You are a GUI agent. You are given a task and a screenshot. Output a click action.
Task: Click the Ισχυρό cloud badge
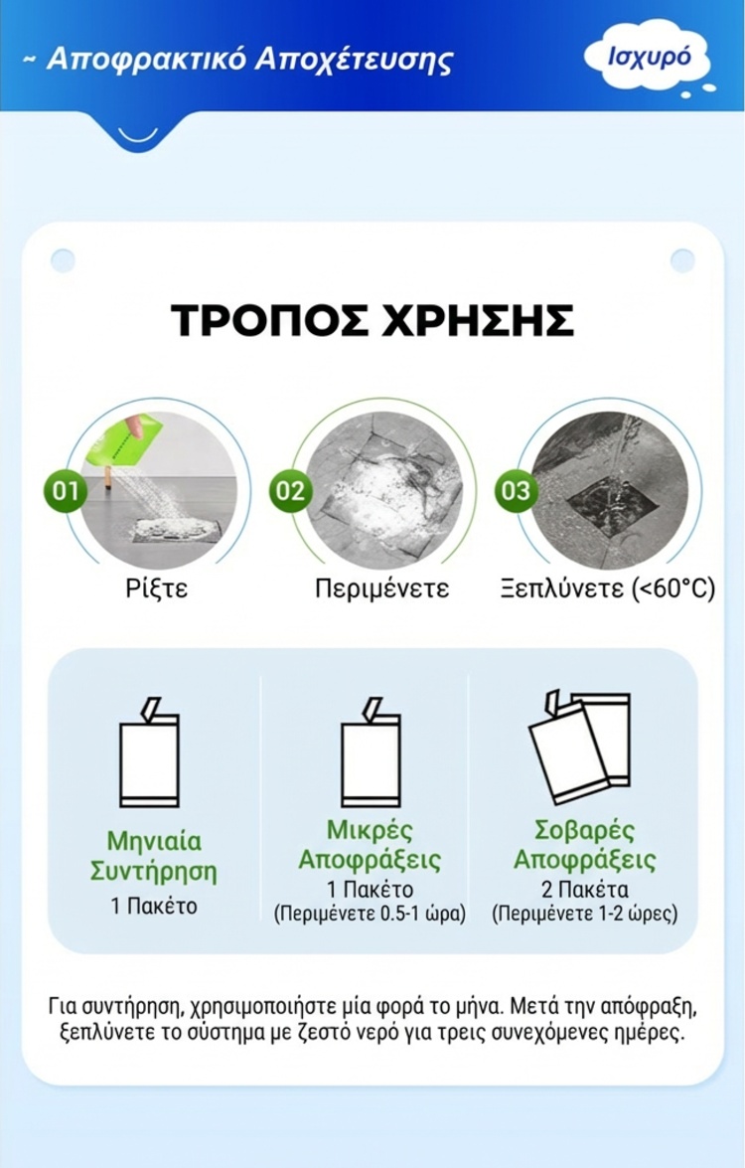click(649, 57)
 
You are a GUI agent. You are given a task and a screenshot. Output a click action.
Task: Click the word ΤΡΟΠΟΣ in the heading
click(268, 320)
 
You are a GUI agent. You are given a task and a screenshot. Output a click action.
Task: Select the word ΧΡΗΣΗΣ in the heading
click(477, 320)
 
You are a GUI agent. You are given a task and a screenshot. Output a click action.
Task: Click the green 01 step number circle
click(66, 491)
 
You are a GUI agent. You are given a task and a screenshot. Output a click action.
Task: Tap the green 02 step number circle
click(290, 491)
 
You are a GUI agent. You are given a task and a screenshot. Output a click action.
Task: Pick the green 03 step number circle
click(516, 491)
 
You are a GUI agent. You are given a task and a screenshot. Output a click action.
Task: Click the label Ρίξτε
click(156, 588)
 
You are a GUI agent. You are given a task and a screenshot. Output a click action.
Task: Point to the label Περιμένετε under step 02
click(381, 588)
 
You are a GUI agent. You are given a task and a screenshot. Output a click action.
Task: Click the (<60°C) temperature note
click(673, 588)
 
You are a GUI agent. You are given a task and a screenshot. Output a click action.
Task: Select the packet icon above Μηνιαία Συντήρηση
click(150, 752)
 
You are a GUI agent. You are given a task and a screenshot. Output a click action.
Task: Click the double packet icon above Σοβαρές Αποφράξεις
click(580, 748)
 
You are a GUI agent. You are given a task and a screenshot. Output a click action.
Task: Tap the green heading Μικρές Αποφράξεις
click(370, 845)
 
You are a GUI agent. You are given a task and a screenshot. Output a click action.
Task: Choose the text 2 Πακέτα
click(585, 890)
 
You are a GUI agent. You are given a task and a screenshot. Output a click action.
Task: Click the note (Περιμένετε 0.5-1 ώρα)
click(370, 914)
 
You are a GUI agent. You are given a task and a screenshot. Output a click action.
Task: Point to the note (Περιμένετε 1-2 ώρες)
click(585, 914)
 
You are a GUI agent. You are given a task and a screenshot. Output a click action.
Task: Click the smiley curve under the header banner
click(138, 135)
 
